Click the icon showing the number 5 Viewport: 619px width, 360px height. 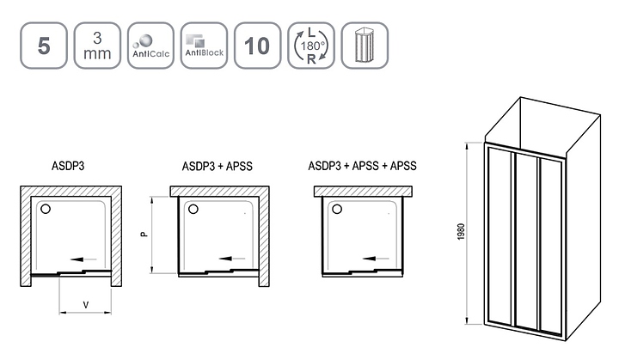coord(44,46)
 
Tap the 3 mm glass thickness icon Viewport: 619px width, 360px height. coord(97,46)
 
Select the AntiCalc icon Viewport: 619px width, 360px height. coord(150,46)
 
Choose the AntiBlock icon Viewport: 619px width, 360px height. coord(204,46)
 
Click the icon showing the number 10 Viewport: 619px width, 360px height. coord(257,46)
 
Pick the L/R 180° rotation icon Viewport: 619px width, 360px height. coord(311,46)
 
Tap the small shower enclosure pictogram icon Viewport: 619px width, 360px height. coord(365,46)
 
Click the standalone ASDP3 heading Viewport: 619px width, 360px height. coord(68,166)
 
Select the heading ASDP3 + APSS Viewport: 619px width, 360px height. coord(218,166)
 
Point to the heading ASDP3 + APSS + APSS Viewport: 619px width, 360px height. coord(363,166)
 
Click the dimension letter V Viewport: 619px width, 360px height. coord(86,305)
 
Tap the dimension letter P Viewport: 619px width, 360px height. coord(144,234)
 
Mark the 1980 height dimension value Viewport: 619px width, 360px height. coord(461,232)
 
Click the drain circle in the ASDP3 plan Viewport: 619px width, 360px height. coord(46,209)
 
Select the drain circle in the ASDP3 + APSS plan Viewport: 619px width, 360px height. coord(193,209)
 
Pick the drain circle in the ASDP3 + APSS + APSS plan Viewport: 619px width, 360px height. coord(337,209)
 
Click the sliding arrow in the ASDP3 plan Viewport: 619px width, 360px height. coord(83,259)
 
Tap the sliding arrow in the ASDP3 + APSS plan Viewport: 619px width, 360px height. coord(232,259)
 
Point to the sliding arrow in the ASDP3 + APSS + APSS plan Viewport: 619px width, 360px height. coord(376,259)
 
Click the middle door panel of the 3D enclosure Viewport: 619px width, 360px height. coord(526,241)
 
